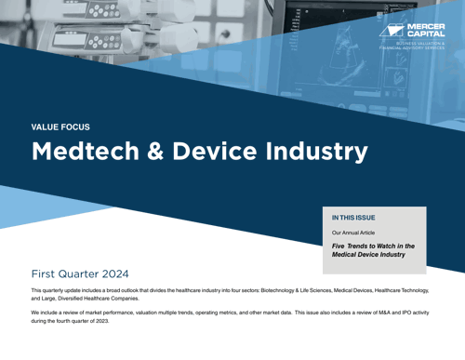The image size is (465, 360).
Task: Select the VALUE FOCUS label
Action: point(61,127)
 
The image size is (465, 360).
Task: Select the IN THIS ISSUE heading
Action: point(353,217)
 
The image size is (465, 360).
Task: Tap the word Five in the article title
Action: point(340,246)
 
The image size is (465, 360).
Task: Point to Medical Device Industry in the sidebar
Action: point(368,254)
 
